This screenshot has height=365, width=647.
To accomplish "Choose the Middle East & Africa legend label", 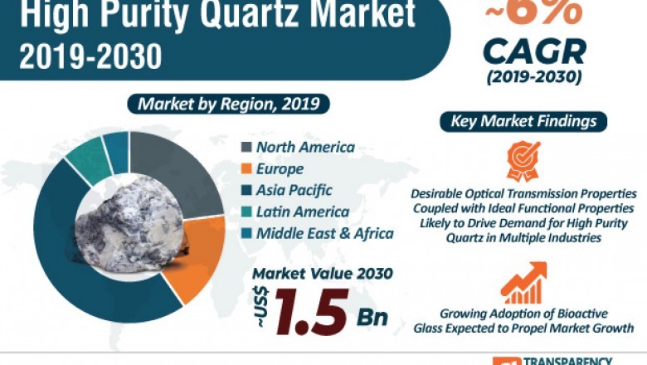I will tap(324, 233).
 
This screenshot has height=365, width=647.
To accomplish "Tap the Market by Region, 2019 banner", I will tap(228, 105).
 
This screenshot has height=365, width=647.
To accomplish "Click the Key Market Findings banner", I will tap(523, 121).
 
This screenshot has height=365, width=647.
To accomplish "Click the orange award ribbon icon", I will tap(523, 159).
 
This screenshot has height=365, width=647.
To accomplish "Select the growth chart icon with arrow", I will tap(523, 284).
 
